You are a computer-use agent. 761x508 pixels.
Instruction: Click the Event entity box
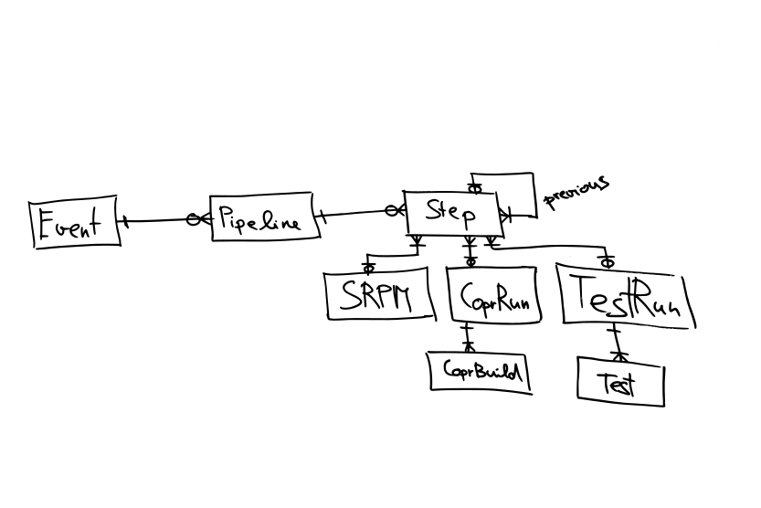tap(76, 223)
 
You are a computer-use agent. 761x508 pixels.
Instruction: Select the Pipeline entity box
tap(264, 218)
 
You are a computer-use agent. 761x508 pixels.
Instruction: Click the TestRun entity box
tap(626, 296)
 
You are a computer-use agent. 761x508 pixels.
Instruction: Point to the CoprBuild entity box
tap(481, 371)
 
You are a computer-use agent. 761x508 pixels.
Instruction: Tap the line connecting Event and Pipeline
tap(155, 220)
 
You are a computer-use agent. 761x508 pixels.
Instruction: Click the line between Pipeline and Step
tap(356, 214)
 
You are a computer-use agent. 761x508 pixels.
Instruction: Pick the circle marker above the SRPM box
tap(369, 268)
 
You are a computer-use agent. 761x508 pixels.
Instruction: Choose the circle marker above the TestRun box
tap(607, 262)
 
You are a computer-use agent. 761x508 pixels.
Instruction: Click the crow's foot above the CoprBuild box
tap(469, 345)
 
